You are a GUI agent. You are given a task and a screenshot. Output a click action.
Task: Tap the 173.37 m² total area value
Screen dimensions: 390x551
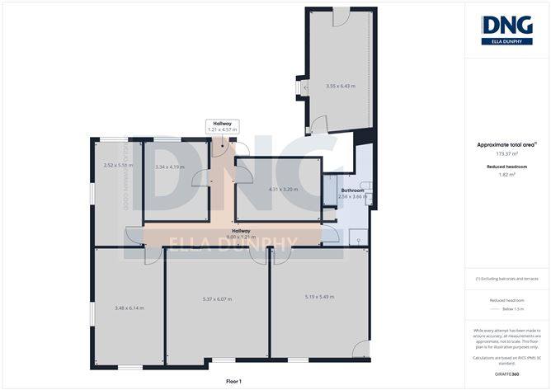click(x=506, y=153)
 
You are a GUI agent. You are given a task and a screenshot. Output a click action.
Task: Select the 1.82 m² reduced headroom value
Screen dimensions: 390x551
click(x=506, y=174)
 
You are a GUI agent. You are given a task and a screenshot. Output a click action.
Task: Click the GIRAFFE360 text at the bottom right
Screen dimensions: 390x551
click(x=506, y=374)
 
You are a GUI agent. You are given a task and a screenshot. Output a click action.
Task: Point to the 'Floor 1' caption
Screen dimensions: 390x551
click(x=233, y=382)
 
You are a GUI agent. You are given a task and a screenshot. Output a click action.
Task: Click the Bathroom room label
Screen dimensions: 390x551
click(x=353, y=191)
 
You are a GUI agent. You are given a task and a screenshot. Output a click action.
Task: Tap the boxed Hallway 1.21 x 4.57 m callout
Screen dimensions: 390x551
click(x=221, y=126)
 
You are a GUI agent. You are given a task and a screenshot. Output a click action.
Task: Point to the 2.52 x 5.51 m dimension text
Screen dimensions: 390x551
click(x=119, y=165)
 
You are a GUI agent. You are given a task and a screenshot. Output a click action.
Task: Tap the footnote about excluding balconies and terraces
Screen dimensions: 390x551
click(x=506, y=280)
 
